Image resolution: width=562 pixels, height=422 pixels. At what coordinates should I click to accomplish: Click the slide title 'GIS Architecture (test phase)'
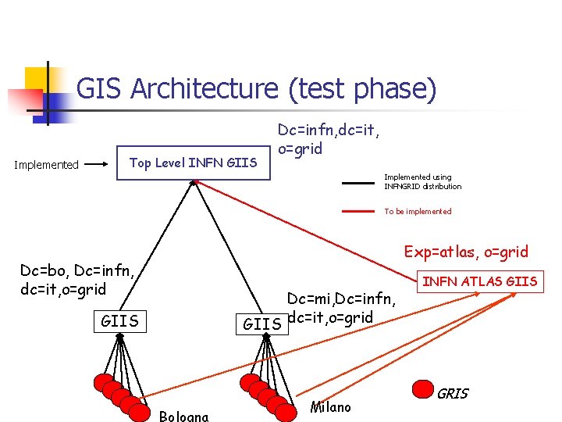[256, 89]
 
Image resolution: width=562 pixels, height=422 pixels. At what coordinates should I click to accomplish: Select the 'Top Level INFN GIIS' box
[193, 163]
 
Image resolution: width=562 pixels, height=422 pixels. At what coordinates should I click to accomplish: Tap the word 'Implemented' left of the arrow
[48, 165]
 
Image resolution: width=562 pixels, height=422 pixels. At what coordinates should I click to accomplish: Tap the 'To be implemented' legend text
[418, 212]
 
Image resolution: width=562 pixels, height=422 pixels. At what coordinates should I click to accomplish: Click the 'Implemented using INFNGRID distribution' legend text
[422, 182]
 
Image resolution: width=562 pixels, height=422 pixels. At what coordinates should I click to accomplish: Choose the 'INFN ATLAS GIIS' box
[480, 281]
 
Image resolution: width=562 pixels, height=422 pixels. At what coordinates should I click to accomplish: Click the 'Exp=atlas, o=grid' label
[466, 252]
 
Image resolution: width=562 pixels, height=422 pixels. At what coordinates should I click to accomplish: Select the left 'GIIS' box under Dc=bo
[119, 320]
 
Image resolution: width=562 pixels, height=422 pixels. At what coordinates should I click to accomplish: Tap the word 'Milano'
[330, 407]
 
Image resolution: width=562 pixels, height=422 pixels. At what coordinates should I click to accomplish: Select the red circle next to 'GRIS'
[423, 389]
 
